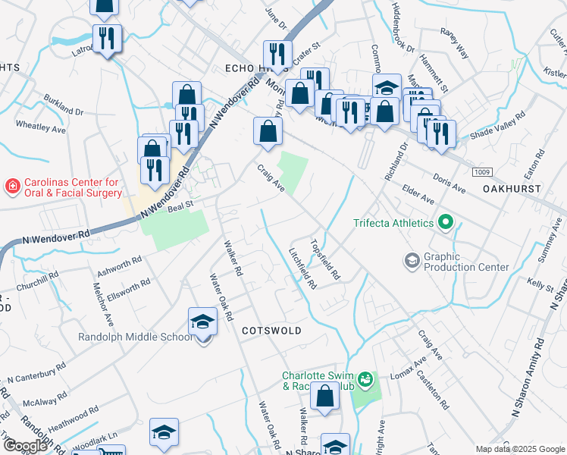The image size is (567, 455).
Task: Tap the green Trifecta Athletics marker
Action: (445, 223)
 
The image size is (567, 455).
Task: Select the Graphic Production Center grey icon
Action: (412, 262)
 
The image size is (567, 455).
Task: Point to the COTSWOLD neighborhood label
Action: (271, 331)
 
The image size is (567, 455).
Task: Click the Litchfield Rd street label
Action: (302, 268)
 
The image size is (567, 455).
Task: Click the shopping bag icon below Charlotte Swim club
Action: (325, 397)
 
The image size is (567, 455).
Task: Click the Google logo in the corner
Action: (25, 446)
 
